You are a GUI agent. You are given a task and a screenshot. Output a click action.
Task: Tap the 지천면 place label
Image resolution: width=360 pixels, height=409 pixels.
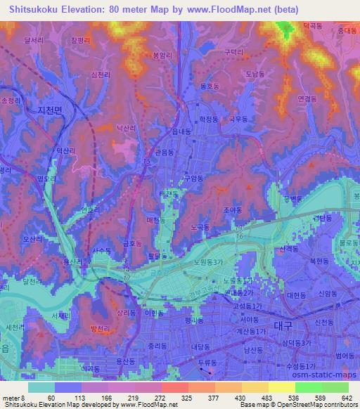[x=50, y=111]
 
